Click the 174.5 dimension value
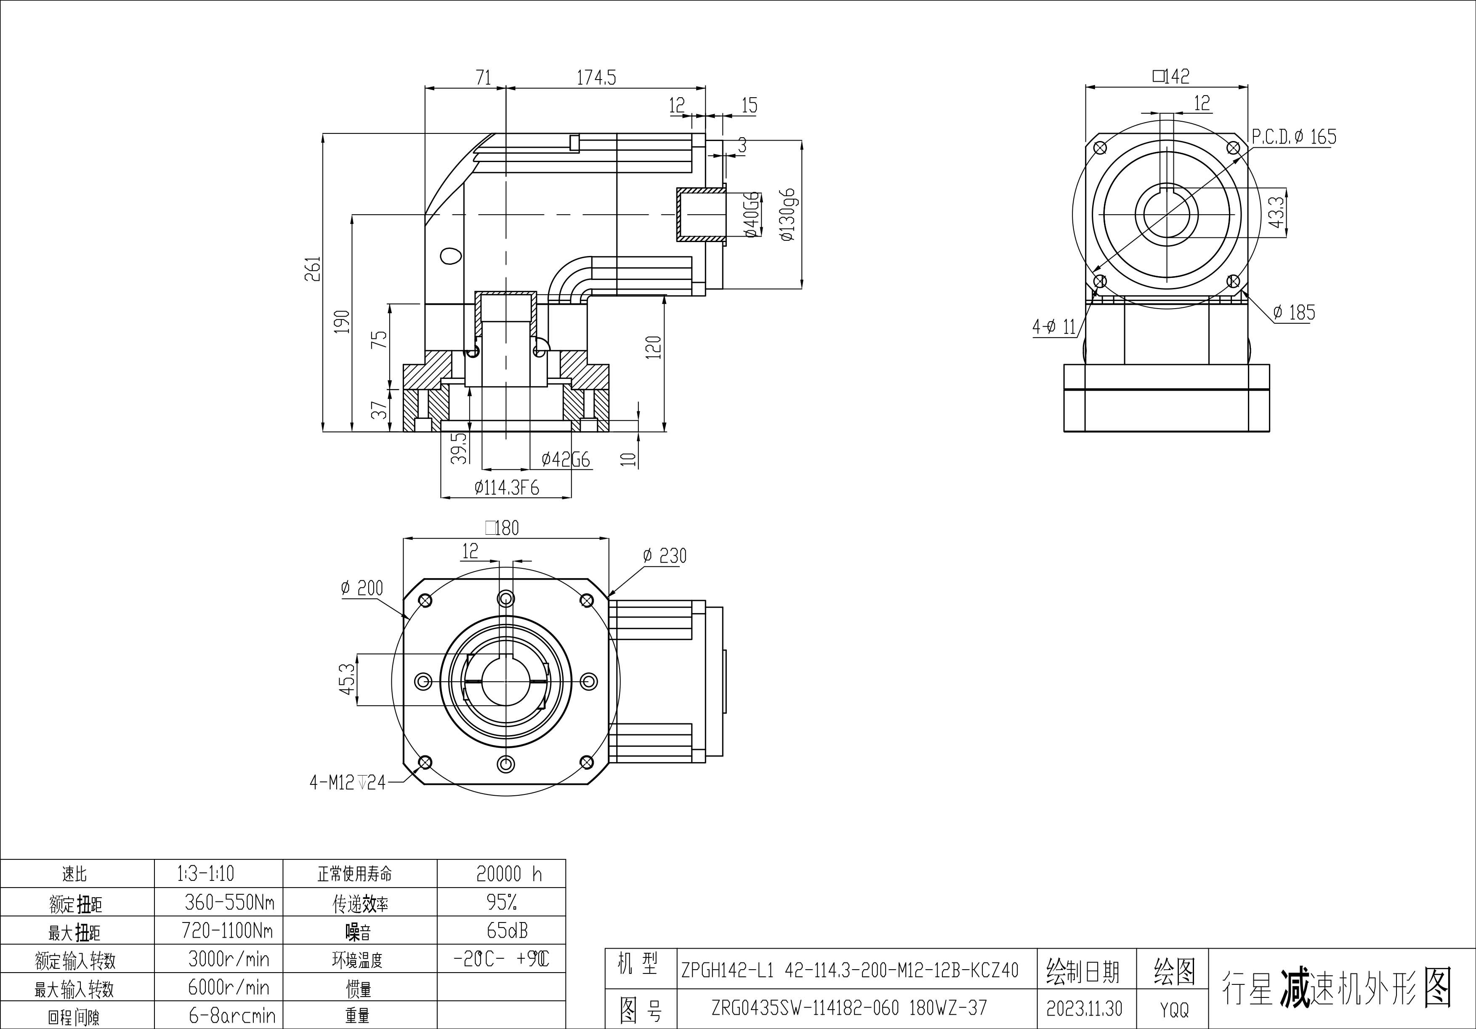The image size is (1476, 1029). point(596,78)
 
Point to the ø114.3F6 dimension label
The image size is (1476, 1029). point(507,488)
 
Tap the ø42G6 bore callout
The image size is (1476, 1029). point(565,459)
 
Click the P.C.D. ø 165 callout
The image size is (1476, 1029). point(1293,137)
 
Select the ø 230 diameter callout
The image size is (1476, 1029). point(665,556)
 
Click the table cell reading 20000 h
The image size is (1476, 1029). point(508,873)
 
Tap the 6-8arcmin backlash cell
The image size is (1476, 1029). point(232,1016)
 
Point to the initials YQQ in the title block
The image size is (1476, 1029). point(1174,1010)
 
